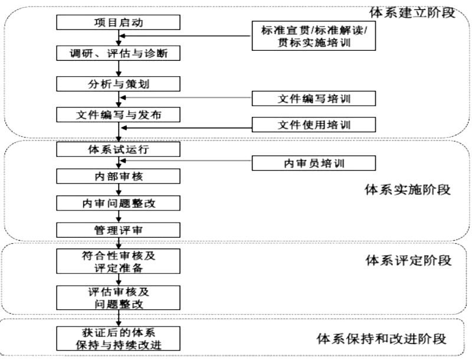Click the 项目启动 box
click(x=118, y=23)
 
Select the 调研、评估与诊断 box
click(x=118, y=53)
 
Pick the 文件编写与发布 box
click(x=118, y=114)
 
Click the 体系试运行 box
click(x=118, y=149)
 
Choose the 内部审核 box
click(x=118, y=176)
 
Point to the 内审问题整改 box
click(x=118, y=204)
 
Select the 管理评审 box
click(x=118, y=229)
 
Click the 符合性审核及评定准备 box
click(x=118, y=260)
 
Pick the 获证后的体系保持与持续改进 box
click(x=118, y=337)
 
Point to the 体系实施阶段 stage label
click(x=408, y=189)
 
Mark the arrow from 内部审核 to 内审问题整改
click(x=119, y=190)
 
